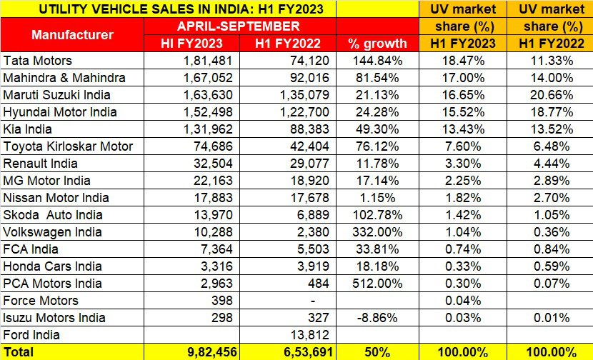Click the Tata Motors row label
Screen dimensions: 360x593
coord(38,60)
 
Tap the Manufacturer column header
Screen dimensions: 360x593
coord(73,34)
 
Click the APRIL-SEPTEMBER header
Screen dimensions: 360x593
coord(240,26)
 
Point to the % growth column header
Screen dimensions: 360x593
coord(377,43)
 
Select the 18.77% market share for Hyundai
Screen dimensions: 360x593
coord(550,111)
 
